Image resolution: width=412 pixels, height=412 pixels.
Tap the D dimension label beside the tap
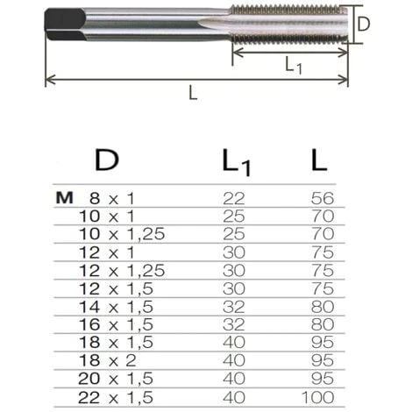tap(365, 25)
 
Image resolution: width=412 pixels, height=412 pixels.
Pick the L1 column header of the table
tap(236, 161)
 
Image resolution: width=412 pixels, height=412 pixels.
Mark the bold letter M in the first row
tap(63, 199)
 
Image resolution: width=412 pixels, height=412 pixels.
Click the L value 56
tap(323, 199)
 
